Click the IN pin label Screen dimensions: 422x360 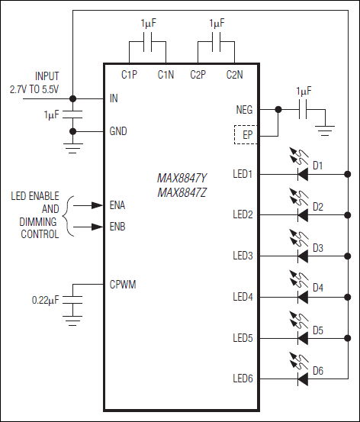click(114, 98)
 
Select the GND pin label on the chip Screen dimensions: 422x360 click(118, 131)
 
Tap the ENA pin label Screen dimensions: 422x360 click(117, 205)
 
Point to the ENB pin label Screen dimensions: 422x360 click(117, 227)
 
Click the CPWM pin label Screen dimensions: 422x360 click(123, 284)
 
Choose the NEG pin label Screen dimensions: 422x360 click(244, 110)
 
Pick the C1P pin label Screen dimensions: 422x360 click(130, 75)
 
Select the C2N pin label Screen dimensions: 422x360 click(235, 75)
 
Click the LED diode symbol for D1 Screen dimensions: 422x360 click(303, 174)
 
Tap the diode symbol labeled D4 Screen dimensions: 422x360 click(303, 295)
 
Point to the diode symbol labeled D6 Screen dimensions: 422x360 click(303, 377)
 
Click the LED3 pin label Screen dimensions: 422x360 click(243, 255)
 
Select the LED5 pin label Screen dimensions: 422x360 click(243, 337)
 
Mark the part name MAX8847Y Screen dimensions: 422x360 click(182, 178)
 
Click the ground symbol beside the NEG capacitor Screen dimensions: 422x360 click(326, 130)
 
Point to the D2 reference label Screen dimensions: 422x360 click(318, 207)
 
